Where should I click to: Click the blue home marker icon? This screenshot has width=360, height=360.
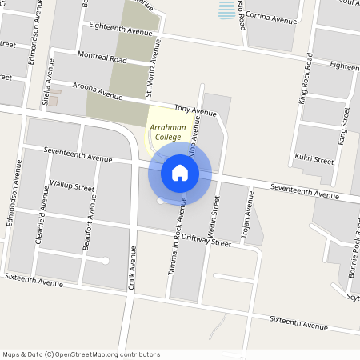[180, 172]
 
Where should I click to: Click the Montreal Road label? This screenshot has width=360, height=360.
[102, 58]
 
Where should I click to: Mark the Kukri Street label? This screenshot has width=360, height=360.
[314, 159]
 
